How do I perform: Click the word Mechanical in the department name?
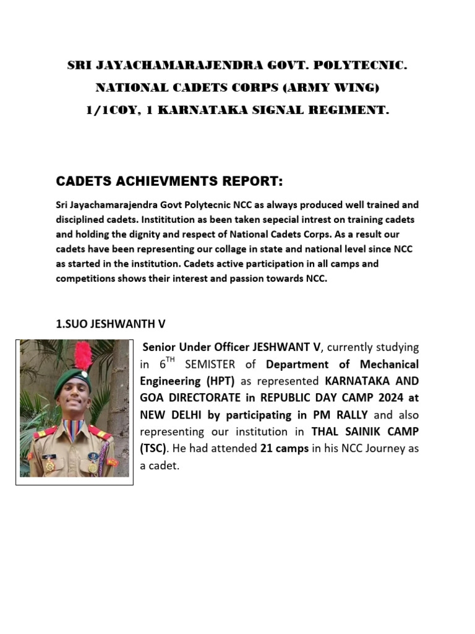(388, 364)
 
